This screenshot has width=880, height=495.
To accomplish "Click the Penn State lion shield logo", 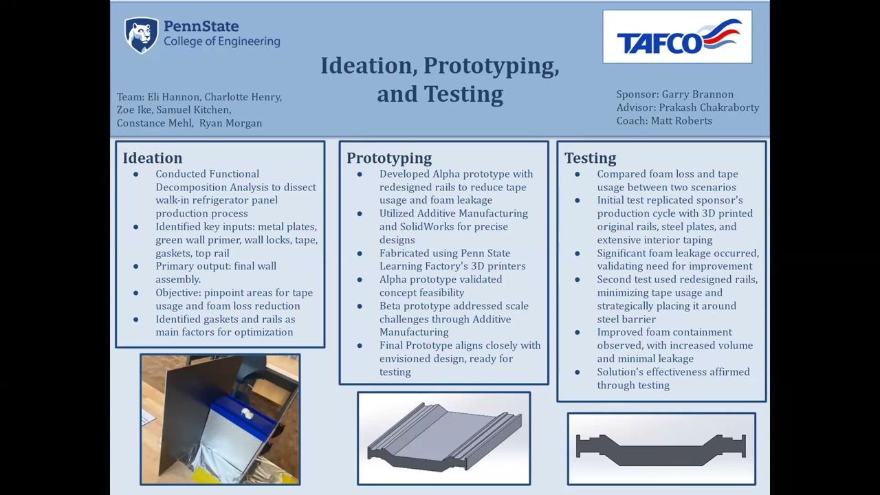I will point(141,35).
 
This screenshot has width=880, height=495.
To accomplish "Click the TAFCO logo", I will point(677,37).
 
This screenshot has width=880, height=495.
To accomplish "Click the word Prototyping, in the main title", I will point(491,66).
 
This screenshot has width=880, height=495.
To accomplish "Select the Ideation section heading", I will point(153,158).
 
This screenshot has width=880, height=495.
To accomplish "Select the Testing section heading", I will point(590,158).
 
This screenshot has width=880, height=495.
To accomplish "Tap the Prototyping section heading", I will point(389,158).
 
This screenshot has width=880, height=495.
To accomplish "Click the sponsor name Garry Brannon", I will point(697,94).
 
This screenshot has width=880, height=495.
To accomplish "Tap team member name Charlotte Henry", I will point(242,97).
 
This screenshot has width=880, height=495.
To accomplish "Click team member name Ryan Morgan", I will point(230,123).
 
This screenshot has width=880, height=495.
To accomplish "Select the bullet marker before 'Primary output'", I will point(136,266).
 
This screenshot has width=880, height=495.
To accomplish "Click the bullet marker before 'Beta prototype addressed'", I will point(360,306).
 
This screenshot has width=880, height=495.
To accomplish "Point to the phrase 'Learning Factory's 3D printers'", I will point(452,266).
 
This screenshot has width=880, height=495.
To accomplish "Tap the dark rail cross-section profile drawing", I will point(661,448).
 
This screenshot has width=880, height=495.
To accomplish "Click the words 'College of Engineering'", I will point(221,41).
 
